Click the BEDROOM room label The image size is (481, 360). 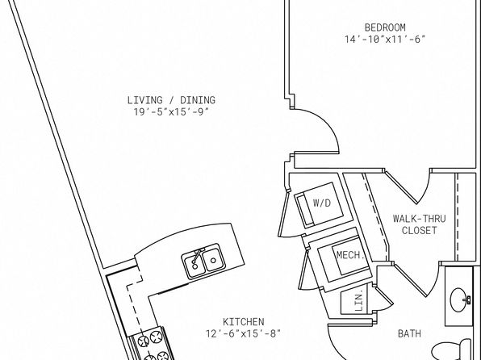click(385, 27)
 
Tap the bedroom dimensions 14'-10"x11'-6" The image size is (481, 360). click(385, 40)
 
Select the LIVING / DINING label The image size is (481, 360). click(171, 100)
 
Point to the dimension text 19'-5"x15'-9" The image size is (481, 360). click(171, 112)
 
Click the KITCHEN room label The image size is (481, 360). click(243, 321)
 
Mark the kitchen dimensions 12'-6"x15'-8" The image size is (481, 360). click(243, 333)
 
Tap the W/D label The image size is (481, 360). click(322, 203)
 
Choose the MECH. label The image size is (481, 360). click(350, 255)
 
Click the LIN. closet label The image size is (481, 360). click(359, 301)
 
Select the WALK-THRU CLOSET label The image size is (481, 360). click(420, 224)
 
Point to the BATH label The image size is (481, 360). click(409, 333)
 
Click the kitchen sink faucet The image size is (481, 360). click(197, 257)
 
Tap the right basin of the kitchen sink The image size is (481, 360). click(212, 260)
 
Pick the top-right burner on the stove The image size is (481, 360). click(156, 337)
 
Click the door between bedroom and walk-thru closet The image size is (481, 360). click(401, 187)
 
